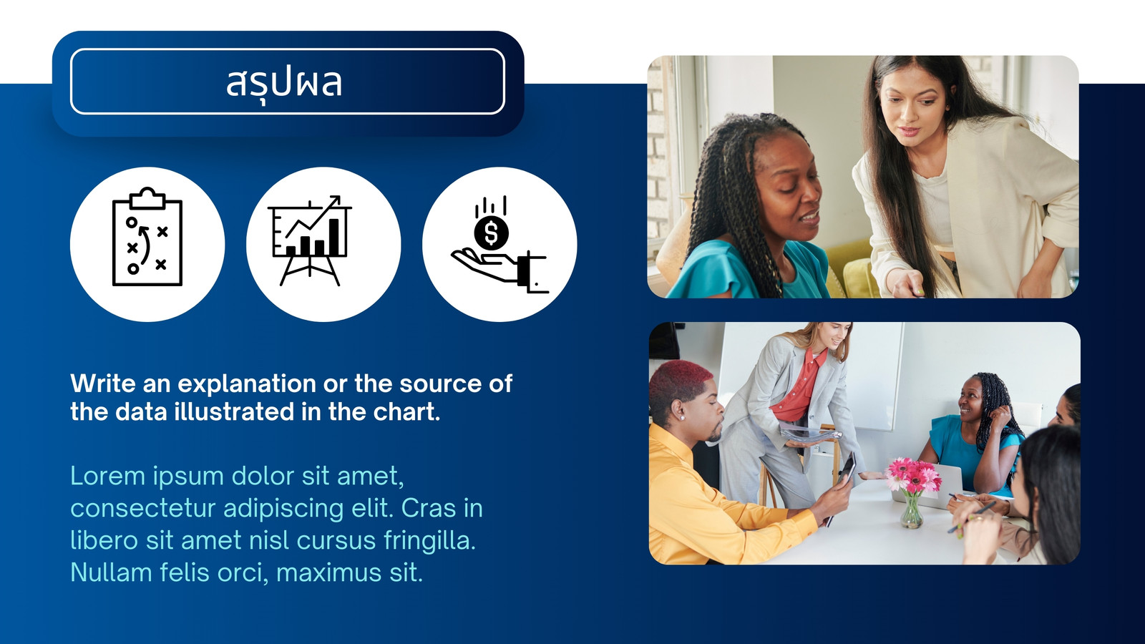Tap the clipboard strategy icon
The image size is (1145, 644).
pyautogui.click(x=147, y=237)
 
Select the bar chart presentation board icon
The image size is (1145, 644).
pyautogui.click(x=310, y=240)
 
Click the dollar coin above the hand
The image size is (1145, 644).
pyautogui.click(x=491, y=233)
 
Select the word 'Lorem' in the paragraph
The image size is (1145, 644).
pyautogui.click(x=108, y=476)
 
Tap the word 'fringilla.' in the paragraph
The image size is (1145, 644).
pyautogui.click(x=430, y=541)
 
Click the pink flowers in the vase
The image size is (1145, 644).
pyautogui.click(x=913, y=474)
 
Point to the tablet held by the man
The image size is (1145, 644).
pyautogui.click(x=847, y=470)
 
